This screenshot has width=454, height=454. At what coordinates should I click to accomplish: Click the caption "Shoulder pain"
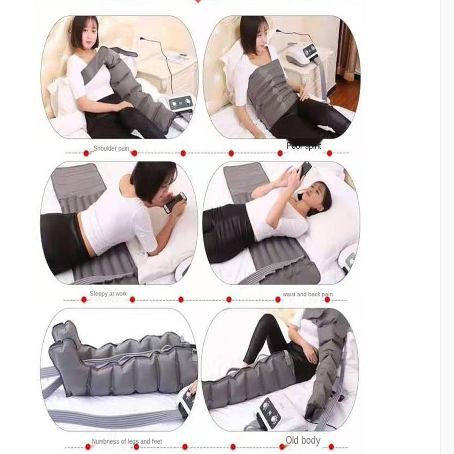tap(111, 148)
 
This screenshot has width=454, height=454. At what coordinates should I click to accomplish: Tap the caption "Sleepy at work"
tap(108, 294)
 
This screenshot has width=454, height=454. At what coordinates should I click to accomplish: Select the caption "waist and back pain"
tap(308, 294)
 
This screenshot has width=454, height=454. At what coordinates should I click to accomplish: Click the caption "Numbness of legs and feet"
tap(127, 442)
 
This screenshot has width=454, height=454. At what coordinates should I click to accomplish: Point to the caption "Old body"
tap(303, 440)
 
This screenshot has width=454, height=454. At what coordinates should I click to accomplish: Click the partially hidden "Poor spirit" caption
tap(304, 146)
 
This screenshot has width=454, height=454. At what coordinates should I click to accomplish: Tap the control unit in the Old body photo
tap(269, 411)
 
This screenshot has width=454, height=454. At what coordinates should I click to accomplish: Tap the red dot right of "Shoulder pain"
tap(134, 153)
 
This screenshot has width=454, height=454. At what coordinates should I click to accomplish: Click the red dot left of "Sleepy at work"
tap(84, 300)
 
